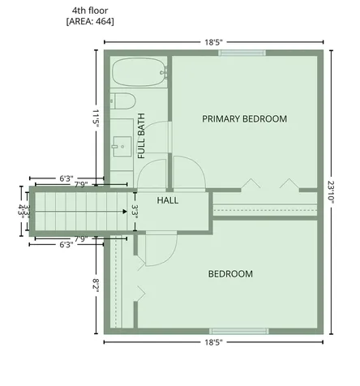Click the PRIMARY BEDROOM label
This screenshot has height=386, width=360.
tap(245, 119)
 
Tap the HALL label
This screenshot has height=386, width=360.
tap(168, 200)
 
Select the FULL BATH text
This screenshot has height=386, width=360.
tap(141, 135)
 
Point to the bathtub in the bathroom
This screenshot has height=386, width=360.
tap(139, 72)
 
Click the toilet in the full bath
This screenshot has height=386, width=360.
tap(122, 101)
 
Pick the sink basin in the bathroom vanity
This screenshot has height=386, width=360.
tap(122, 147)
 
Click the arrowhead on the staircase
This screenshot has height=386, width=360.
tap(125, 212)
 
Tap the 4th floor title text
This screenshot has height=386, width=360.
tap(90, 11)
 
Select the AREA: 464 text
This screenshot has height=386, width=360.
tap(90, 21)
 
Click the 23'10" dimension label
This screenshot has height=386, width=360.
tap(332, 192)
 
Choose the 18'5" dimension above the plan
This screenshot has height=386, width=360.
tap(213, 42)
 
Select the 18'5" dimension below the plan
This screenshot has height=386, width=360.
tap(213, 342)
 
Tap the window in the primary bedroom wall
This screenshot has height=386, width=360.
tap(242, 53)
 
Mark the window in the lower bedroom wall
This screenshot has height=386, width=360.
tap(239, 331)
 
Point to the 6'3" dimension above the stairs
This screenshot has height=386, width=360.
tap(66, 178)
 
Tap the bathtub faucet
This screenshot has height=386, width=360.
tap(164, 72)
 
